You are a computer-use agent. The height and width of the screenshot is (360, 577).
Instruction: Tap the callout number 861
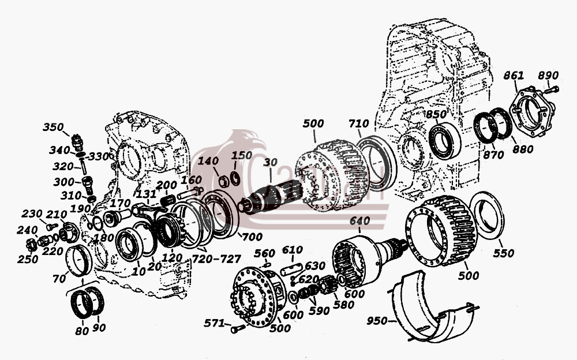(514, 76)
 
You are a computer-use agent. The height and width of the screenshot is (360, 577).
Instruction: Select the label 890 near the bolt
(548, 76)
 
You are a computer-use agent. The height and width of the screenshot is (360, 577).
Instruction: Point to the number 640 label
(359, 221)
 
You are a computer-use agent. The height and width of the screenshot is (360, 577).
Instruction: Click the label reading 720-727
(216, 258)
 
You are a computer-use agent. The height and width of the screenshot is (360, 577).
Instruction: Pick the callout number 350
(53, 127)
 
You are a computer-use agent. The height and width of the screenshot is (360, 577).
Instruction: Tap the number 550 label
(503, 253)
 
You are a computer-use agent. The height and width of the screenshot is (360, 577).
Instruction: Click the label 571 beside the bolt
(214, 323)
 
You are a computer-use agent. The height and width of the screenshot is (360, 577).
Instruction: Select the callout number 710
(358, 123)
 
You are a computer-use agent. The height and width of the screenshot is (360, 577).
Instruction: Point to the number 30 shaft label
(271, 162)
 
